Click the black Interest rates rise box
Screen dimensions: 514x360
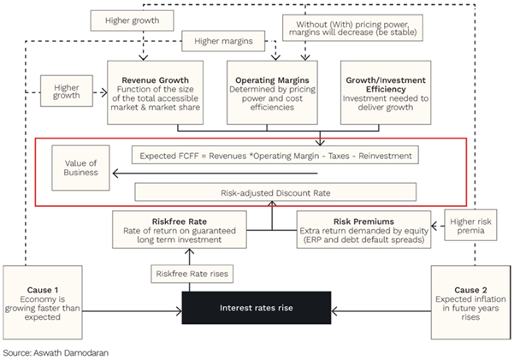point(257,308)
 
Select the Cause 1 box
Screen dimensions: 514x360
point(43,303)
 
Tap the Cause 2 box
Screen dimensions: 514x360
point(470,303)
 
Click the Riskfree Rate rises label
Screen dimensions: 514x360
point(192,274)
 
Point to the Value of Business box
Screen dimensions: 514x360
point(80,168)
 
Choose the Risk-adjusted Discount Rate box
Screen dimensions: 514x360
point(275,192)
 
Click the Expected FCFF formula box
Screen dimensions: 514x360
point(275,155)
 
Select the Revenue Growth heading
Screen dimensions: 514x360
point(155,80)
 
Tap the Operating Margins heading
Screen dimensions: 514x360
point(272,80)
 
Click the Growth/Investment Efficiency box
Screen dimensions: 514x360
point(386,92)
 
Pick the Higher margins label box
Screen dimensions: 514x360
point(223,41)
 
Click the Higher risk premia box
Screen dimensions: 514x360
point(470,225)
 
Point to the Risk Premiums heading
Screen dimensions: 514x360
point(363,221)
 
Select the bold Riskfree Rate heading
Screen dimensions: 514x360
point(180,221)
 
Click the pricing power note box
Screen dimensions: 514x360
point(352,28)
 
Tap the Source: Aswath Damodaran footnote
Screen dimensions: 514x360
point(56,353)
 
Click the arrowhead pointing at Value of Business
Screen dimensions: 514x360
point(115,173)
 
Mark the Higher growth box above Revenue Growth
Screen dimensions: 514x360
point(132,21)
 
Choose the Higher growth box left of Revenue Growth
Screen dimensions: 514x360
point(67,91)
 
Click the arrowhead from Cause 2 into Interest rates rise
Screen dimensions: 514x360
point(334,310)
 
